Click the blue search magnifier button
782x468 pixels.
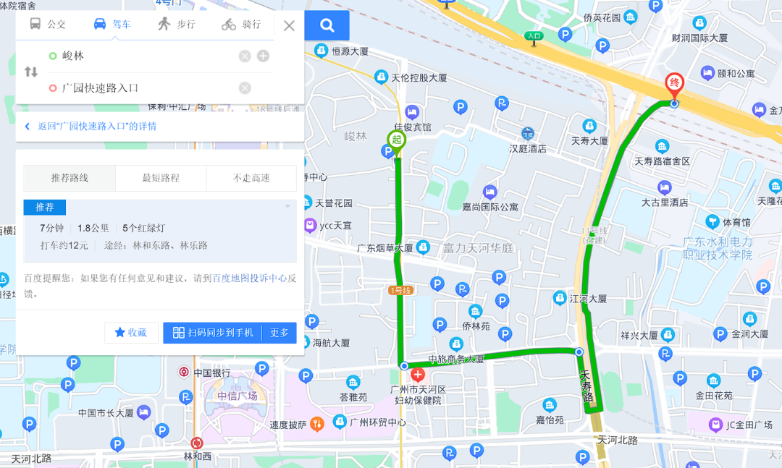point(327,26)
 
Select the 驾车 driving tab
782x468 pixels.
point(112,25)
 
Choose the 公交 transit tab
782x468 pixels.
point(48,25)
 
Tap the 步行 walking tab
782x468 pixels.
point(177,25)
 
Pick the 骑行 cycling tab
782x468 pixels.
point(242,25)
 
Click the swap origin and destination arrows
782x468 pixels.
point(31,72)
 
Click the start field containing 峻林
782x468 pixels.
point(145,56)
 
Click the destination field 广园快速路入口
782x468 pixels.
point(145,88)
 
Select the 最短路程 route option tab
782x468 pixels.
point(160,178)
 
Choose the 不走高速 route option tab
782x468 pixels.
point(251,178)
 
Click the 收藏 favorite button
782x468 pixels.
point(131,333)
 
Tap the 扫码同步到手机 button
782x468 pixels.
point(213,333)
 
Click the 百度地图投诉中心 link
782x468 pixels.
point(249,278)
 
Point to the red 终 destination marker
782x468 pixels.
point(674,83)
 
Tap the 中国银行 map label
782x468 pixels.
point(211,373)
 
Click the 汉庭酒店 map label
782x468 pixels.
point(527,148)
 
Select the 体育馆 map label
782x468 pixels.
point(728,221)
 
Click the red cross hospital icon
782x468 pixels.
point(418,375)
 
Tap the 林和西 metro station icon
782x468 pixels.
point(197,443)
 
